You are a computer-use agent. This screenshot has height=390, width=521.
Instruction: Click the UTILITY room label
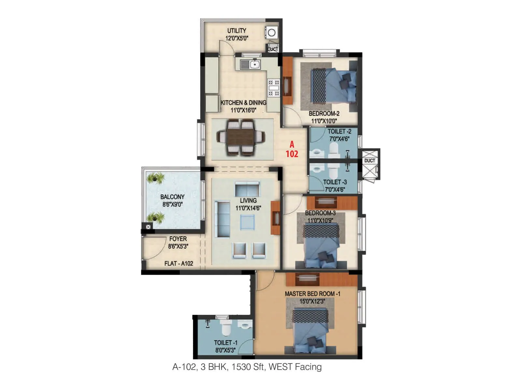tap(237, 31)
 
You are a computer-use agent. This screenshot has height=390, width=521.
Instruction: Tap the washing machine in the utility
tap(272, 32)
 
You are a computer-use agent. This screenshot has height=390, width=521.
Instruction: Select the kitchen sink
tap(250, 64)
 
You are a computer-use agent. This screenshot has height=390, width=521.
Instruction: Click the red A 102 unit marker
tap(292, 149)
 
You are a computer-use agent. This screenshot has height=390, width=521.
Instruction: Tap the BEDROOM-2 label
tap(324, 113)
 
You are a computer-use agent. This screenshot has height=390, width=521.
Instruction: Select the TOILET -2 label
tap(339, 131)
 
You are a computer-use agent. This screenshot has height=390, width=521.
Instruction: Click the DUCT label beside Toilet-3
tap(370, 161)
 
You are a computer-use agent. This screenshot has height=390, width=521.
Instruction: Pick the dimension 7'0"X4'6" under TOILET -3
tap(335, 189)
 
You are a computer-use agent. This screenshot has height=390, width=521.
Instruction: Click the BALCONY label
tap(172, 197)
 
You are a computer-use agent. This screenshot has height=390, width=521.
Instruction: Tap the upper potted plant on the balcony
tap(156, 178)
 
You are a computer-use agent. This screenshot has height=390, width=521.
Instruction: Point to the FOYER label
tap(178, 239)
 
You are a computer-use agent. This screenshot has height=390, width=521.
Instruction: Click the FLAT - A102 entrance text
tap(179, 263)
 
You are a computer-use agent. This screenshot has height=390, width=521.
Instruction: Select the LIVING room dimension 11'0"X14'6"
tap(248, 208)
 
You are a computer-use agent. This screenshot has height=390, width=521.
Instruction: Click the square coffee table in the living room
tap(247, 222)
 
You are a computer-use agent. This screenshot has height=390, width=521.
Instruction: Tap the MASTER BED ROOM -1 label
tap(313, 293)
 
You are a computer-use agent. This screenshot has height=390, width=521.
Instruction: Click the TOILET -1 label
tap(226, 343)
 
